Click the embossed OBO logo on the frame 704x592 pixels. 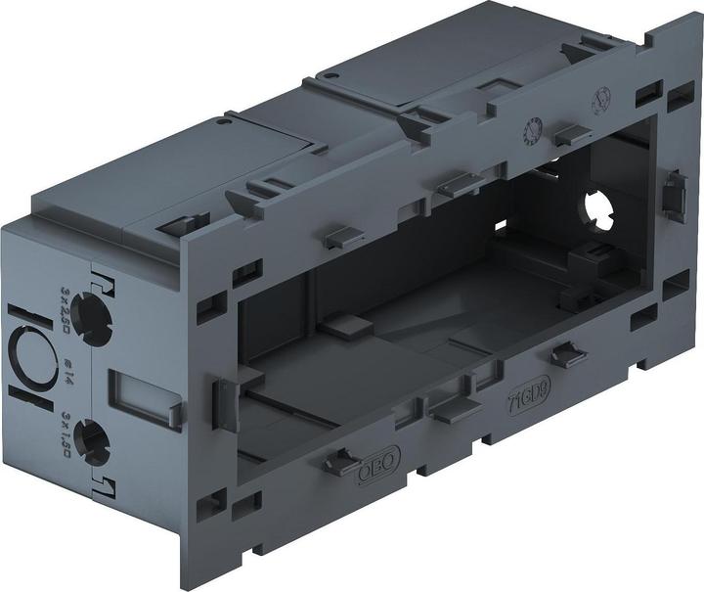[x=371, y=473]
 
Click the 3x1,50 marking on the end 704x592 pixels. [x=65, y=438]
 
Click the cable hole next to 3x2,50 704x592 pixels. [x=91, y=314]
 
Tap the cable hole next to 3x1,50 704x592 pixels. [x=89, y=443]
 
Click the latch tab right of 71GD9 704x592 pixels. [x=567, y=354]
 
